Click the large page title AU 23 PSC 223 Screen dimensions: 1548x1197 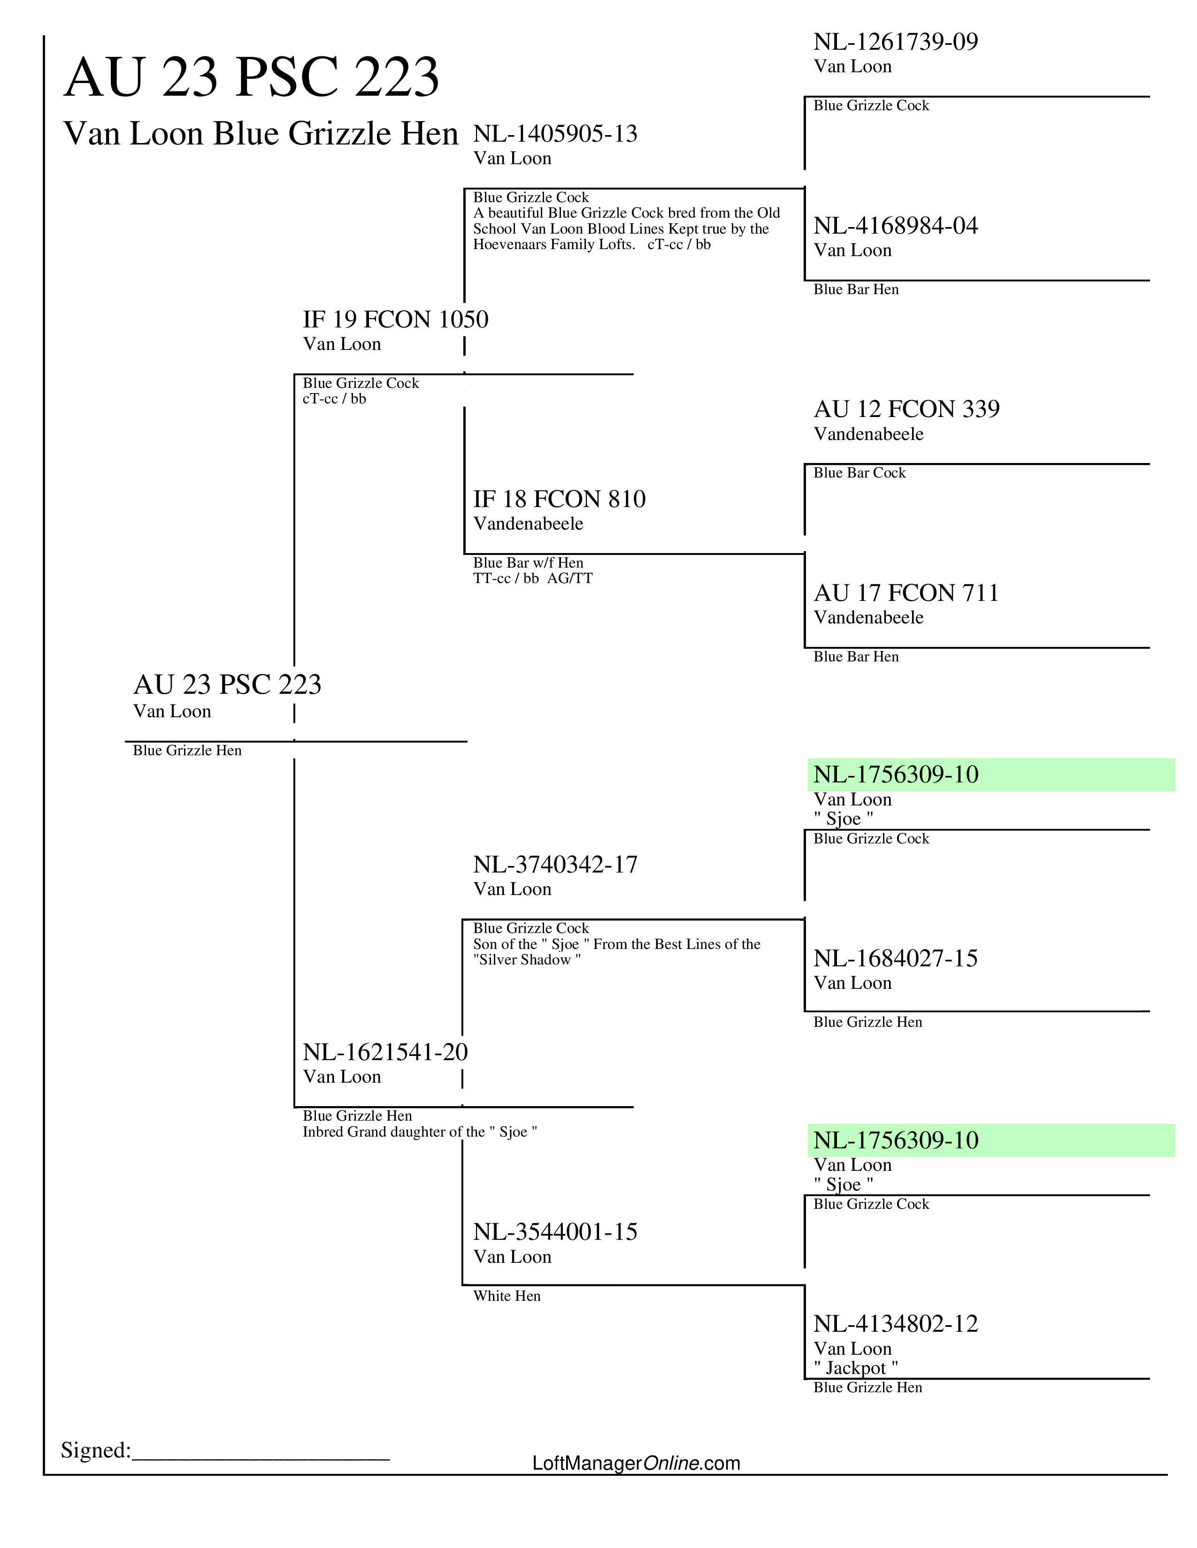pyautogui.click(x=252, y=77)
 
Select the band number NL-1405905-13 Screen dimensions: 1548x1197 pyautogui.click(x=555, y=134)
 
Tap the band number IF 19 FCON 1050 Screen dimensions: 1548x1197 pyautogui.click(x=395, y=319)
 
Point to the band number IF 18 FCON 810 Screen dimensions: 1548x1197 pyautogui.click(x=560, y=499)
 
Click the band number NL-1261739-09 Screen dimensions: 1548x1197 pyautogui.click(x=896, y=42)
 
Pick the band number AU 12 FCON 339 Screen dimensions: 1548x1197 pyautogui.click(x=906, y=409)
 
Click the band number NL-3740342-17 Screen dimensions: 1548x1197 pyautogui.click(x=555, y=865)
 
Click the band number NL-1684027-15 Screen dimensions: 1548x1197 pyautogui.click(x=896, y=958)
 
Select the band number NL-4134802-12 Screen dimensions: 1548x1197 pyautogui.click(x=896, y=1324)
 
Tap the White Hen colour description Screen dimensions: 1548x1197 pyautogui.click(x=507, y=1297)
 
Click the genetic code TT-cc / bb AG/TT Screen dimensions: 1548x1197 pyautogui.click(x=533, y=578)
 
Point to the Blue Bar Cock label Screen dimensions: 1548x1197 pyautogui.click(x=859, y=473)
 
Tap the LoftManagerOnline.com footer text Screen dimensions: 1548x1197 pyautogui.click(x=636, y=1463)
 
